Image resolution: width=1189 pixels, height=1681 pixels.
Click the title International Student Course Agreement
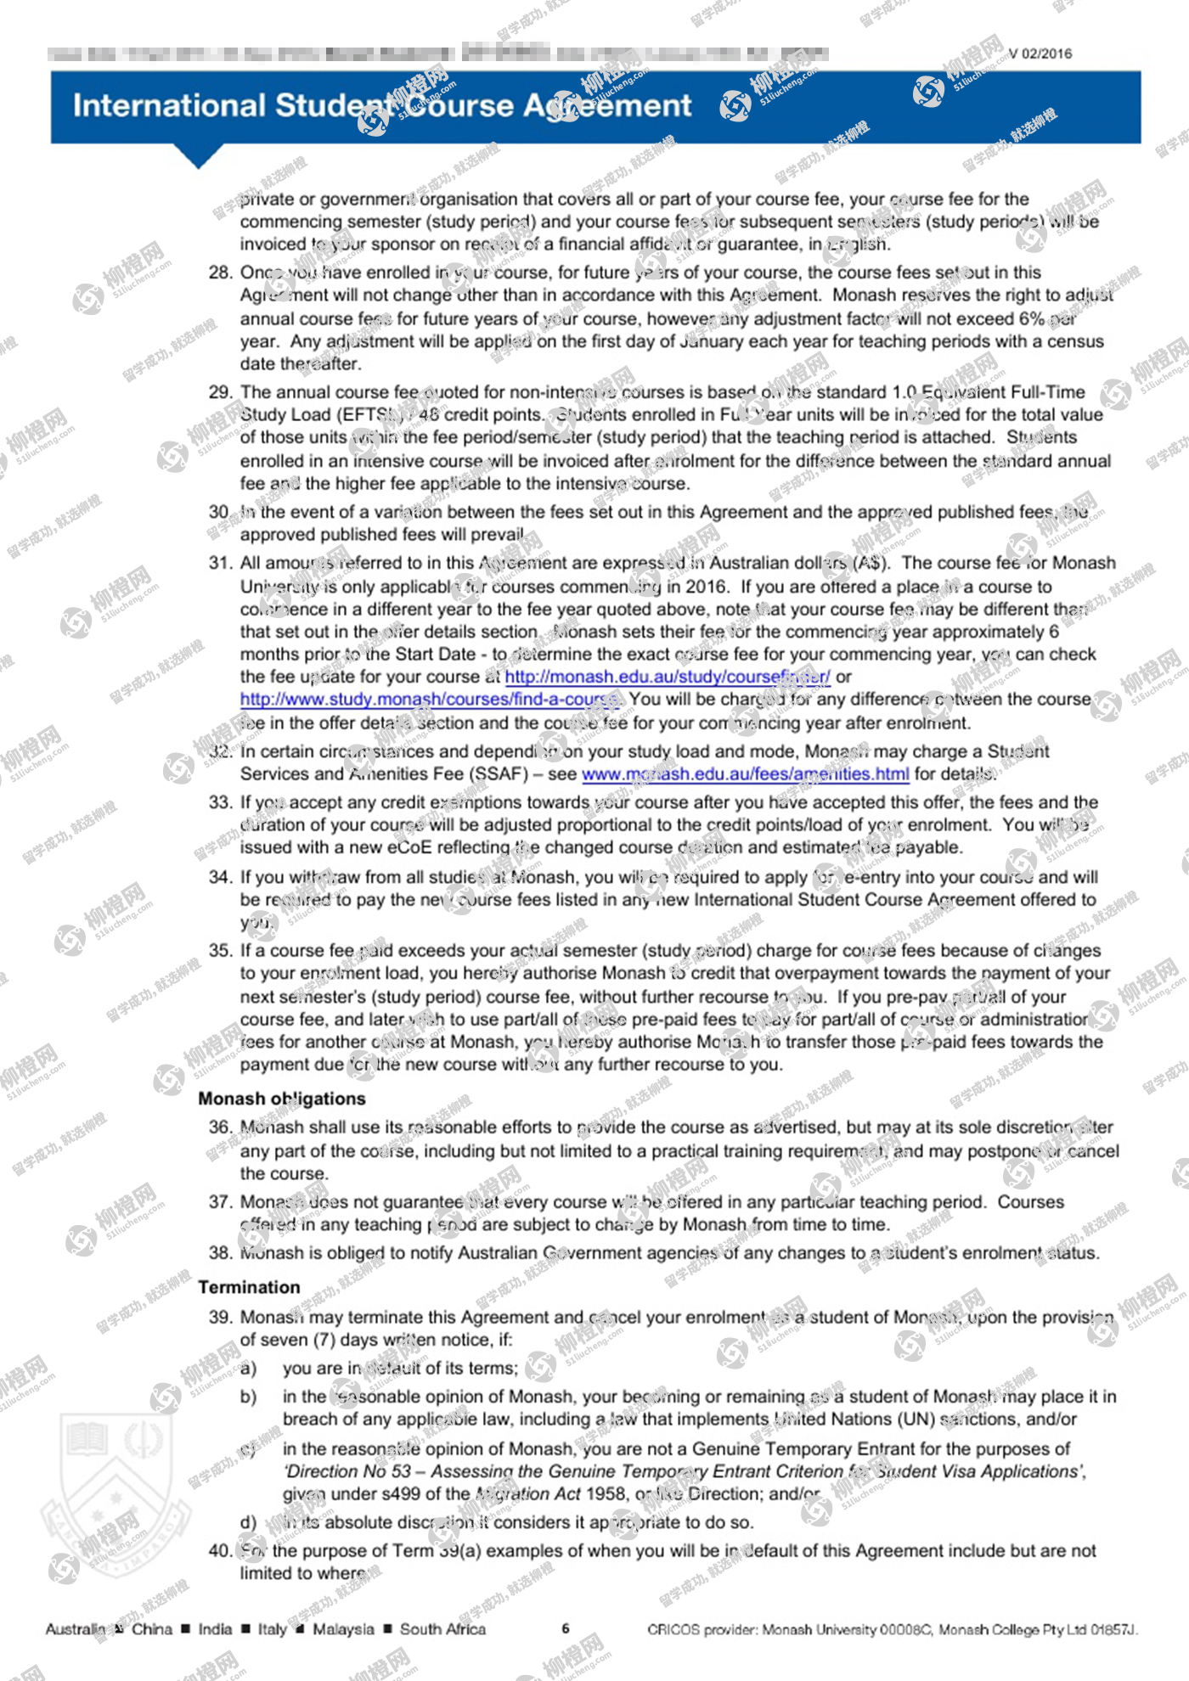pyautogui.click(x=382, y=106)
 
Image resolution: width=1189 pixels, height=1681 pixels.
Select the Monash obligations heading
pyautogui.click(x=282, y=1099)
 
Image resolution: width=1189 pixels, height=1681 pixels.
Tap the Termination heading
pyautogui.click(x=249, y=1287)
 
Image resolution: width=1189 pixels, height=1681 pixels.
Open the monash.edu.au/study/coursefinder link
pyautogui.click(x=668, y=677)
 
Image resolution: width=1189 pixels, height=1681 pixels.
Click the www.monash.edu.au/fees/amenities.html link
pyautogui.click(x=745, y=774)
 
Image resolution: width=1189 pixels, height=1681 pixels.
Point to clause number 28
pyautogui.click(x=221, y=273)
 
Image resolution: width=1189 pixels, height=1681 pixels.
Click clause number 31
pyautogui.click(x=221, y=563)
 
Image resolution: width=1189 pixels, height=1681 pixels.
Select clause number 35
pyautogui.click(x=221, y=951)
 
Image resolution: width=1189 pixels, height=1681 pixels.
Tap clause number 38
pyautogui.click(x=221, y=1253)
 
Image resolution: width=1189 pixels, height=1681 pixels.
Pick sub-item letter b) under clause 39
pyautogui.click(x=248, y=1397)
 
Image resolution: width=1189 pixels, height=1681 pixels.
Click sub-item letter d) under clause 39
pyautogui.click(x=248, y=1522)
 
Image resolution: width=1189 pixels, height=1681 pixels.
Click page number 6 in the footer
pyautogui.click(x=566, y=1628)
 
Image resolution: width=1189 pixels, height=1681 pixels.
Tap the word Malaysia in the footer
pyautogui.click(x=343, y=1629)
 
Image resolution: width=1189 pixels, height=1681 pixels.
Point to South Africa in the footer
pyautogui.click(x=442, y=1629)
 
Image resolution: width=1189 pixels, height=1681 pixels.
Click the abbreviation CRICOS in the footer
pyautogui.click(x=673, y=1629)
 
